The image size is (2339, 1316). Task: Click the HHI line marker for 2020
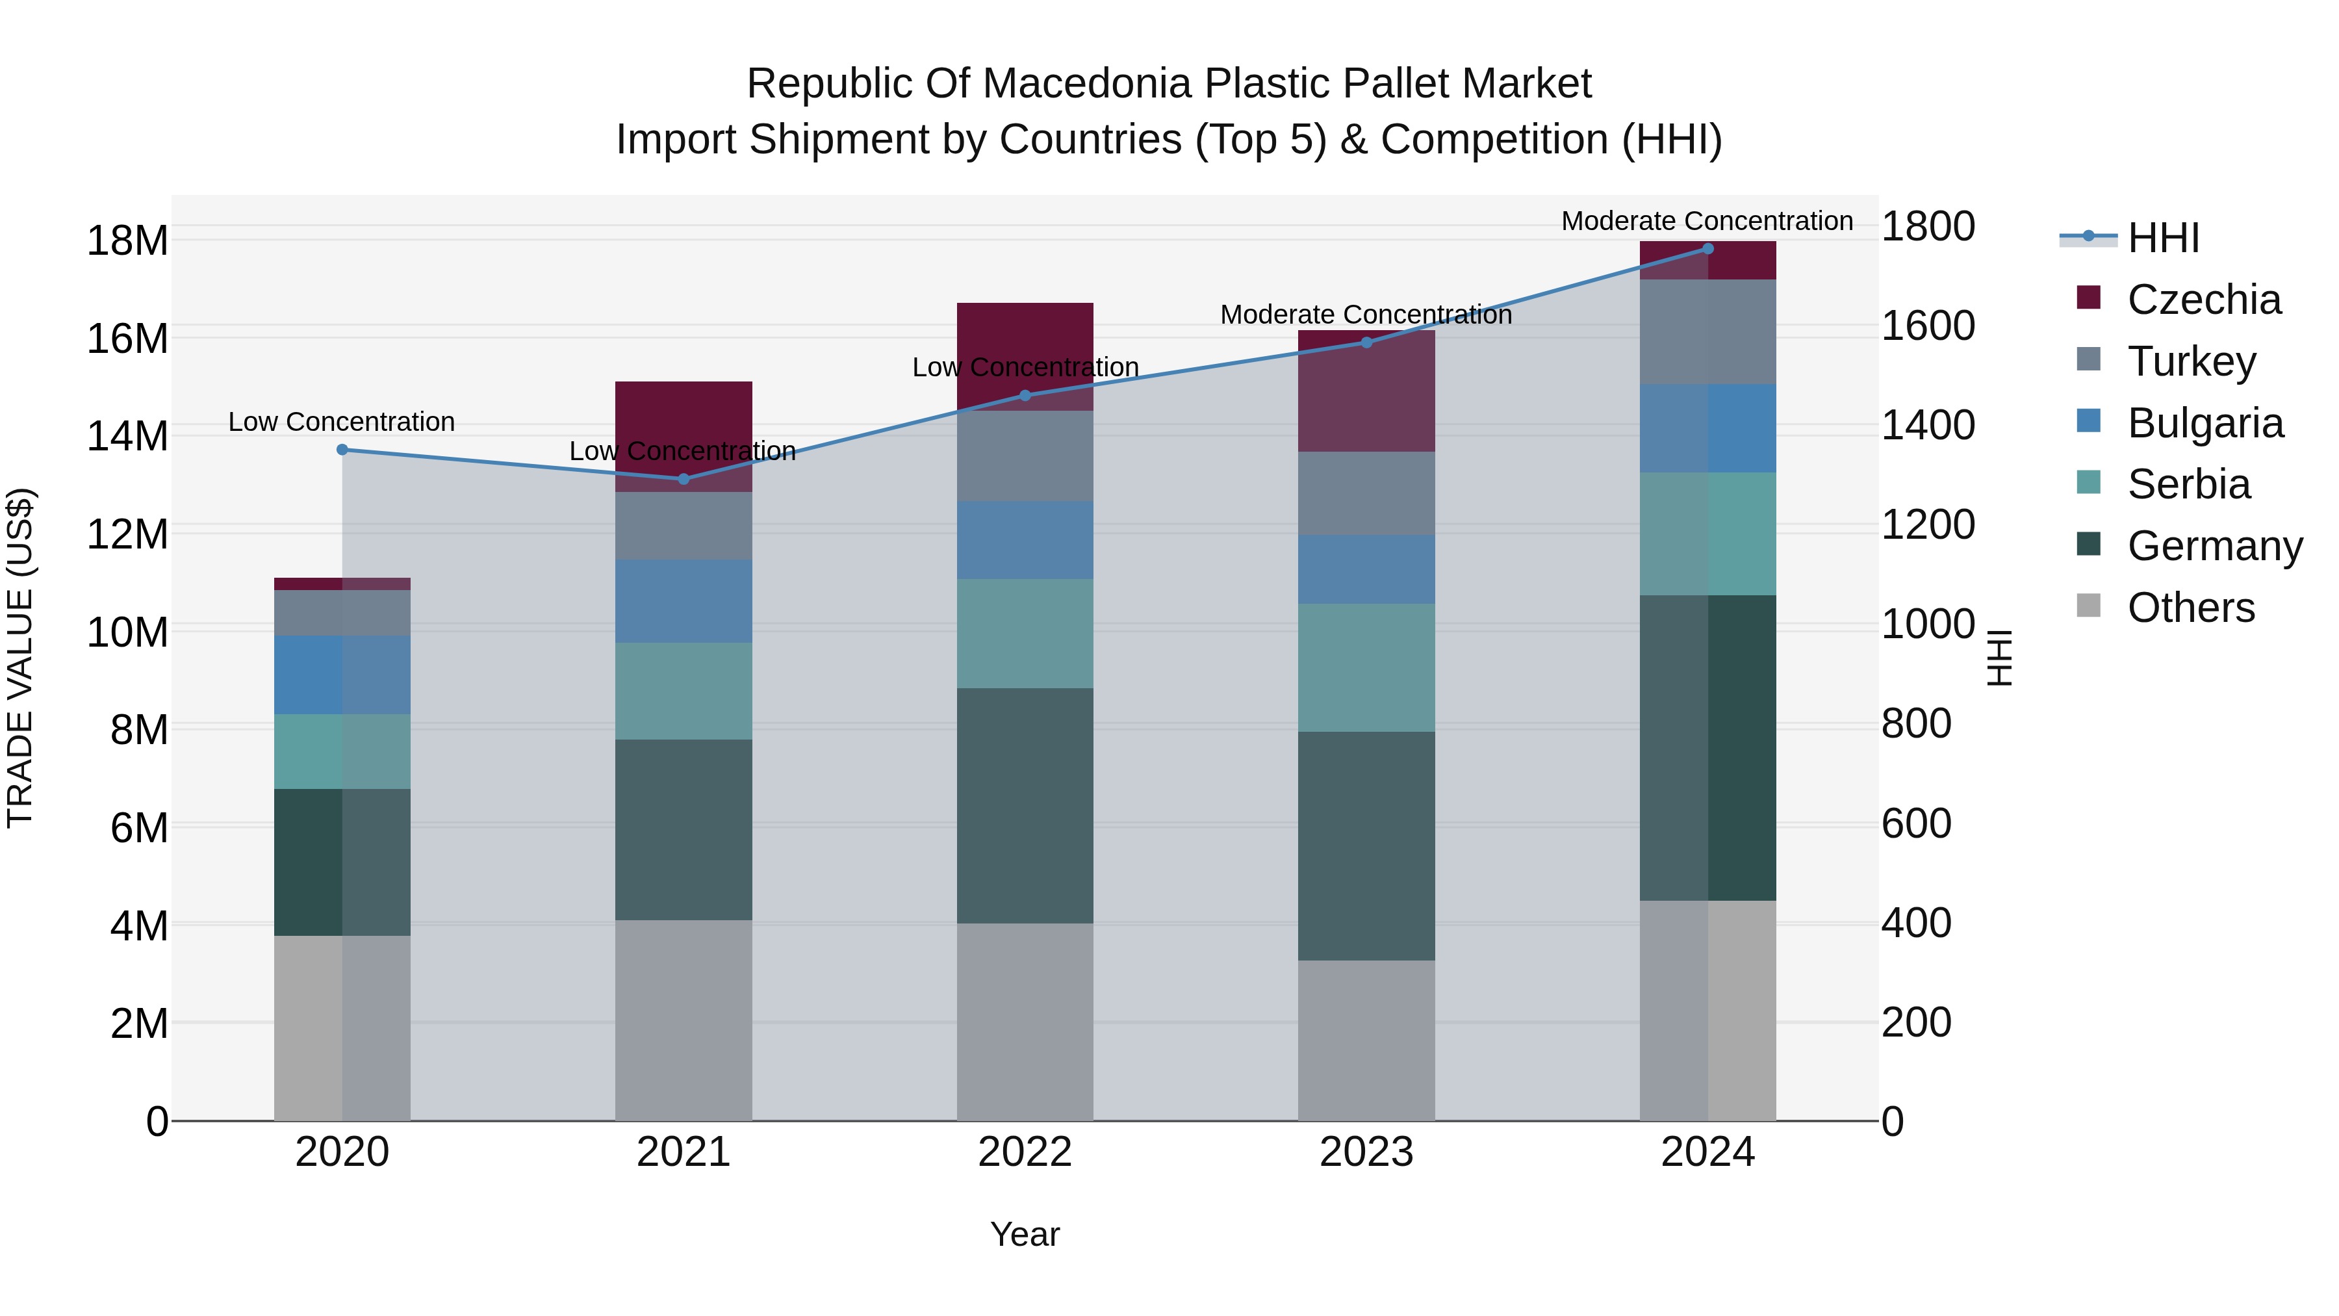[x=342, y=450]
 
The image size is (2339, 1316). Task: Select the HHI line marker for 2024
[x=1708, y=249]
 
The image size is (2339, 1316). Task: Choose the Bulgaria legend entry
[x=2205, y=423]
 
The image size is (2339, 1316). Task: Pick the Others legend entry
[x=2190, y=608]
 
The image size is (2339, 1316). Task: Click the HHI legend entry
[x=2163, y=238]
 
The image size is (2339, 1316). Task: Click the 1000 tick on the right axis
[x=1927, y=625]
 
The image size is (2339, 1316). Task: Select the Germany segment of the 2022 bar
[x=1025, y=806]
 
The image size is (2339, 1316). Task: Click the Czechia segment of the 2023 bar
[x=1366, y=391]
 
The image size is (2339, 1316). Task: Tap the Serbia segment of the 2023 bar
[x=1366, y=667]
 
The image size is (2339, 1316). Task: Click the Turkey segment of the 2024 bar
[x=1708, y=331]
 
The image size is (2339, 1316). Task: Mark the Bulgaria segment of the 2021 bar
[x=684, y=601]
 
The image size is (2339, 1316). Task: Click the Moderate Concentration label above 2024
[x=1707, y=222]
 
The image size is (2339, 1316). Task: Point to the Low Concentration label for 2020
[x=341, y=422]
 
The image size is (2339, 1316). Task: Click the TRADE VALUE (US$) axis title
[x=20, y=658]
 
